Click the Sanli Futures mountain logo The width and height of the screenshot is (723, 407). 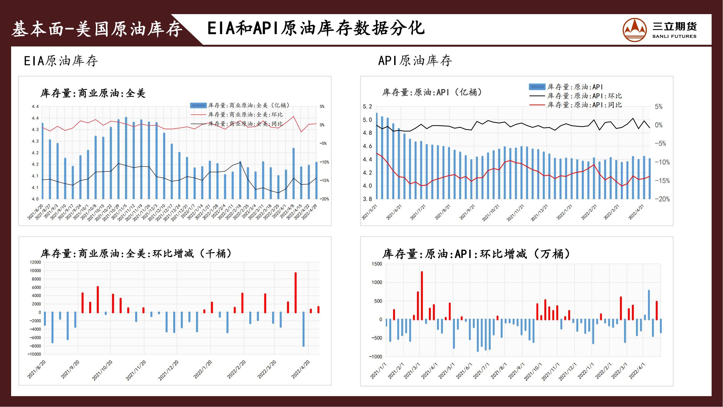pyautogui.click(x=634, y=30)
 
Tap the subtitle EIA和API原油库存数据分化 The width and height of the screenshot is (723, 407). pyautogui.click(x=316, y=28)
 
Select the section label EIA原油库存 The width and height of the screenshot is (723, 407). pyautogui.click(x=61, y=61)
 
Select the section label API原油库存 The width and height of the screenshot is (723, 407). pyautogui.click(x=415, y=61)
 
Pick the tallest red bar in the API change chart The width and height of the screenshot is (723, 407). pyautogui.click(x=422, y=295)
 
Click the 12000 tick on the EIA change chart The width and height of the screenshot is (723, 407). pyautogui.click(x=35, y=262)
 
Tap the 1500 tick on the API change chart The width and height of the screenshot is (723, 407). pyautogui.click(x=377, y=264)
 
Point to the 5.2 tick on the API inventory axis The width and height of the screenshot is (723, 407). pyautogui.click(x=367, y=107)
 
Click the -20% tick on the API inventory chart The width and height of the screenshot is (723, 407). pyautogui.click(x=662, y=199)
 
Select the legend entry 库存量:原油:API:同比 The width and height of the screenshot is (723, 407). pyautogui.click(x=584, y=105)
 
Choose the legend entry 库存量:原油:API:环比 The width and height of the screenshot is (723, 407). pyautogui.click(x=584, y=96)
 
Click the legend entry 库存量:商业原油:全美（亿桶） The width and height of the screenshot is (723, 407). pyautogui.click(x=248, y=106)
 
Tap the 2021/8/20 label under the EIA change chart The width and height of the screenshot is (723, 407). pyautogui.click(x=36, y=370)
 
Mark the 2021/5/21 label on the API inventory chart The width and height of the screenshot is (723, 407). pyautogui.click(x=369, y=212)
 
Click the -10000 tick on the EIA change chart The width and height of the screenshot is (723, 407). pyautogui.click(x=34, y=354)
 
